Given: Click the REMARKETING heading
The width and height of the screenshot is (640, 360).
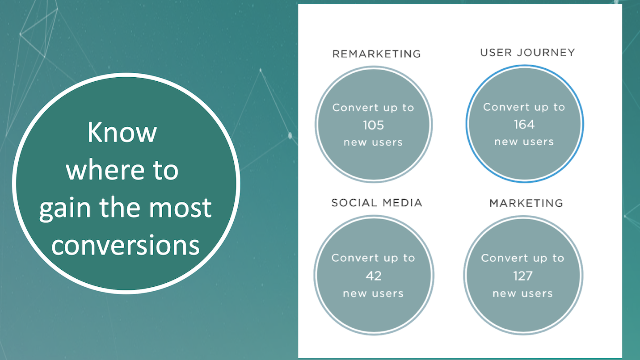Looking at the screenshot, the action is [377, 54].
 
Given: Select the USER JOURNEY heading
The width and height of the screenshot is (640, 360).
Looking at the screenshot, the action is [527, 53].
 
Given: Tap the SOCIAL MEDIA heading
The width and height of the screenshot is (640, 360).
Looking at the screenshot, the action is [377, 203].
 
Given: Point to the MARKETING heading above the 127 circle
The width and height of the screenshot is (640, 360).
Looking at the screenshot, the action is [526, 203].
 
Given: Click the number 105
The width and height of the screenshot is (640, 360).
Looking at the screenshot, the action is [374, 125].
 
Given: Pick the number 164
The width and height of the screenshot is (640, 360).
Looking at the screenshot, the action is [524, 125].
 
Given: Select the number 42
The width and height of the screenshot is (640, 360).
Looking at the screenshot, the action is [374, 276].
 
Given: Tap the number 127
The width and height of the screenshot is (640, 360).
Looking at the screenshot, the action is [523, 276].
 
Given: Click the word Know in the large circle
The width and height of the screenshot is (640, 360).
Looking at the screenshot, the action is [122, 132].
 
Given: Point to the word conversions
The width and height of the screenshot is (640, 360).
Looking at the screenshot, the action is [126, 245].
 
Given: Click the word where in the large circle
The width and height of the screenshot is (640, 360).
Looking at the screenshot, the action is [105, 170].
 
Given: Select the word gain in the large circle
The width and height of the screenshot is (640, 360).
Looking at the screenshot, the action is [65, 209].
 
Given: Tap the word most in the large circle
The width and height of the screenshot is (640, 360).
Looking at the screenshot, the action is [180, 208].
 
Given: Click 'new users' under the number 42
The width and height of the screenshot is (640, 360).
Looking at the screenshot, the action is [373, 293].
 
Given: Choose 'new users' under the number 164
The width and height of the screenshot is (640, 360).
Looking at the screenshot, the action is [524, 142].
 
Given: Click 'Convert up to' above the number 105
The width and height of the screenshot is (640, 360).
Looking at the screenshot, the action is [373, 108].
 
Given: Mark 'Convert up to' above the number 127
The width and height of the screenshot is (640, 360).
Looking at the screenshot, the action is [522, 258].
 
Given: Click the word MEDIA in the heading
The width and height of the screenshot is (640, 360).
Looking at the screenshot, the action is [402, 203].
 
